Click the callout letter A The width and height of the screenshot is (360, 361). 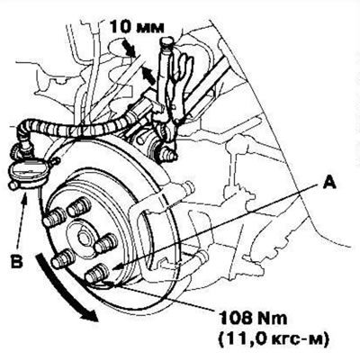329,183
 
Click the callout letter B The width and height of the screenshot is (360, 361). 16,261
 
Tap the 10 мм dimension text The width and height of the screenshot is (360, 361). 137,27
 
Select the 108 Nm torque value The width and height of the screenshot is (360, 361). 254,319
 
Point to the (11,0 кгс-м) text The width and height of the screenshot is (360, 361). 274,339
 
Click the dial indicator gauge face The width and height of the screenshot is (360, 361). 28,172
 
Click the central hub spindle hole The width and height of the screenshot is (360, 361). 84,239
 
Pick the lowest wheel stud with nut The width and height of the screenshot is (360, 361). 97,274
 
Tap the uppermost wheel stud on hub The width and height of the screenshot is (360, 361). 78,207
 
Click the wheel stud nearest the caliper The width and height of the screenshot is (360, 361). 106,243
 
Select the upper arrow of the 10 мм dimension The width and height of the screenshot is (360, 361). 129,47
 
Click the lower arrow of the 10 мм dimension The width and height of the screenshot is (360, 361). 148,75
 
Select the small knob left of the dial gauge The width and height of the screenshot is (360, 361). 13,186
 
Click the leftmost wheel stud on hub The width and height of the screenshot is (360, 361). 54,218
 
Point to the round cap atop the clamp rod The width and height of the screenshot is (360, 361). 168,41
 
